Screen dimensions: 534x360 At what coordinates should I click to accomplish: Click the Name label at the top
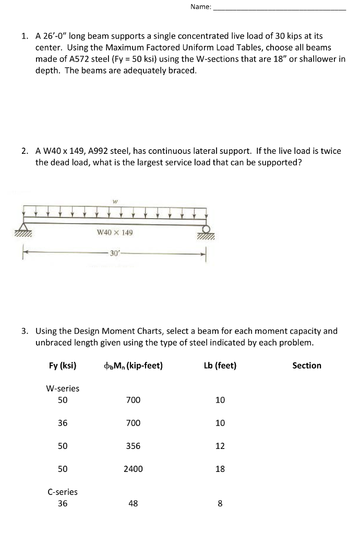pos(201,7)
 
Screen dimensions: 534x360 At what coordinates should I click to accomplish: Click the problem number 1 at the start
pos(24,37)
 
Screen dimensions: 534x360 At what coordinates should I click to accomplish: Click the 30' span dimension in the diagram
pos(114,253)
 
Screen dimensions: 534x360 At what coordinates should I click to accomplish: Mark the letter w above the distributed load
pos(114,200)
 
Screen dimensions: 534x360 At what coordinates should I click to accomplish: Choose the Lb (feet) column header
pos(220,366)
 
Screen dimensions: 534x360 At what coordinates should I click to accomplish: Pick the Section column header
pos(307,366)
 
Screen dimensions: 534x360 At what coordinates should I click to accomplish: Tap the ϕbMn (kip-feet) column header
pos(133,366)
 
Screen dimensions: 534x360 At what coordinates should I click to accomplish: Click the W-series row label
pos(63,388)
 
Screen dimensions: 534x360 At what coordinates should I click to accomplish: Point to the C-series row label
pos(63,492)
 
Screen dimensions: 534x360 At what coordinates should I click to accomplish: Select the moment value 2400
pos(133,469)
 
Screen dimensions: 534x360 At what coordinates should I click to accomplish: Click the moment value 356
pos(133,446)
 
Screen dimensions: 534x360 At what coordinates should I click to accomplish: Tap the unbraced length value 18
pos(220,469)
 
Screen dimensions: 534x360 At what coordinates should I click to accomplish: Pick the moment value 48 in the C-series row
pos(133,504)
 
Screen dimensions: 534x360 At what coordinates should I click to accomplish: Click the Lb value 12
pos(220,446)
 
